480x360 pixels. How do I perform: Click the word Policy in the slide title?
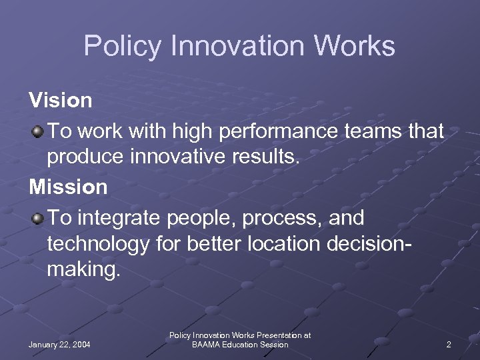coord(123,47)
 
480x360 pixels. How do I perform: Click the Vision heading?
coord(61,101)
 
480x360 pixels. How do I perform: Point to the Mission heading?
coord(68,187)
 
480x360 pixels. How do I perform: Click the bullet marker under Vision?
coord(37,131)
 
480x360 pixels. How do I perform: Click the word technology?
coord(99,245)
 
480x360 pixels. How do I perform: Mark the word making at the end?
coord(83,271)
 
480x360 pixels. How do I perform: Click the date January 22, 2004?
coord(60,345)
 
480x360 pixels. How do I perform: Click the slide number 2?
coord(449,345)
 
